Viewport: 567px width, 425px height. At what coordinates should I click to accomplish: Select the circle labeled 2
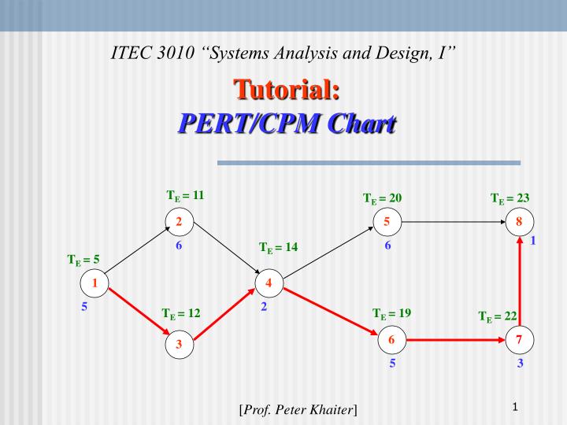pyautogui.click(x=180, y=223)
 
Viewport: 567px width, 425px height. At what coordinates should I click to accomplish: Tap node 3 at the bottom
pyautogui.click(x=180, y=344)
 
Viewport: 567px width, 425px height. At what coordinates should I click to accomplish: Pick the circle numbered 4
pyautogui.click(x=269, y=283)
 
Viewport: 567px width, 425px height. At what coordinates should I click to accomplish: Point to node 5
pyautogui.click(x=387, y=223)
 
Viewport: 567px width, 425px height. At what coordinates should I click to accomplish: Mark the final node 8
pyautogui.click(x=519, y=223)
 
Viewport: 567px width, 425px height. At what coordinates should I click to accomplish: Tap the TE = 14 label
pyautogui.click(x=278, y=248)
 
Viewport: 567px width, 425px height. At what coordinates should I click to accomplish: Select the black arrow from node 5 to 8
pyautogui.click(x=453, y=223)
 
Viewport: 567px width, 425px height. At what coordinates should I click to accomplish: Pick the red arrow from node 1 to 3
pyautogui.click(x=137, y=313)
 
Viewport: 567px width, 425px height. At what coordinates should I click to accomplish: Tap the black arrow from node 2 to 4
pyautogui.click(x=224, y=253)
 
